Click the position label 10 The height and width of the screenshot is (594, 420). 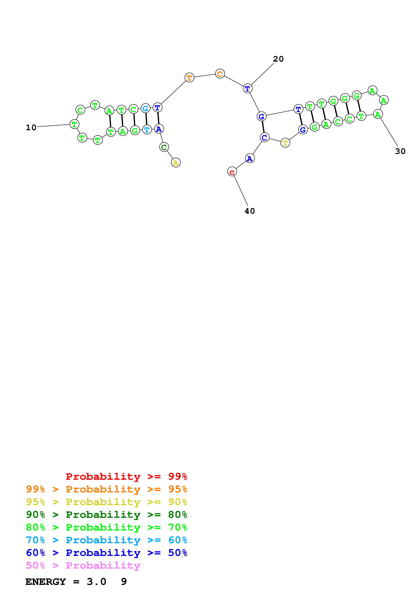click(x=31, y=128)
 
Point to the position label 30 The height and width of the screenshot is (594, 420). click(x=400, y=151)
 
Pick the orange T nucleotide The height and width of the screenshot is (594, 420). click(x=189, y=77)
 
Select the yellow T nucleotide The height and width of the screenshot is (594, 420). click(x=285, y=143)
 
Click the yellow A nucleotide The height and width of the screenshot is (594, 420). click(x=176, y=163)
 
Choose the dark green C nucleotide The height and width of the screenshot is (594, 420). click(x=164, y=147)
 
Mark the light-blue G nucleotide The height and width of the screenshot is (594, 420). click(x=145, y=108)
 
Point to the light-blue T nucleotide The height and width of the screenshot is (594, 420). click(x=147, y=129)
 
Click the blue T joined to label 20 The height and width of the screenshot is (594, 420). click(x=247, y=89)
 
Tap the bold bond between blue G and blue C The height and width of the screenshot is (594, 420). click(x=263, y=127)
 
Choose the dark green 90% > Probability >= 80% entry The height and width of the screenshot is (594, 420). click(x=106, y=515)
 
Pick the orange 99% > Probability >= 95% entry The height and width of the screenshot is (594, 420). click(x=106, y=489)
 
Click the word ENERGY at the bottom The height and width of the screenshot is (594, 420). click(x=46, y=582)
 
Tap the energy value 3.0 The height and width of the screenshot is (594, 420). click(x=96, y=582)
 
